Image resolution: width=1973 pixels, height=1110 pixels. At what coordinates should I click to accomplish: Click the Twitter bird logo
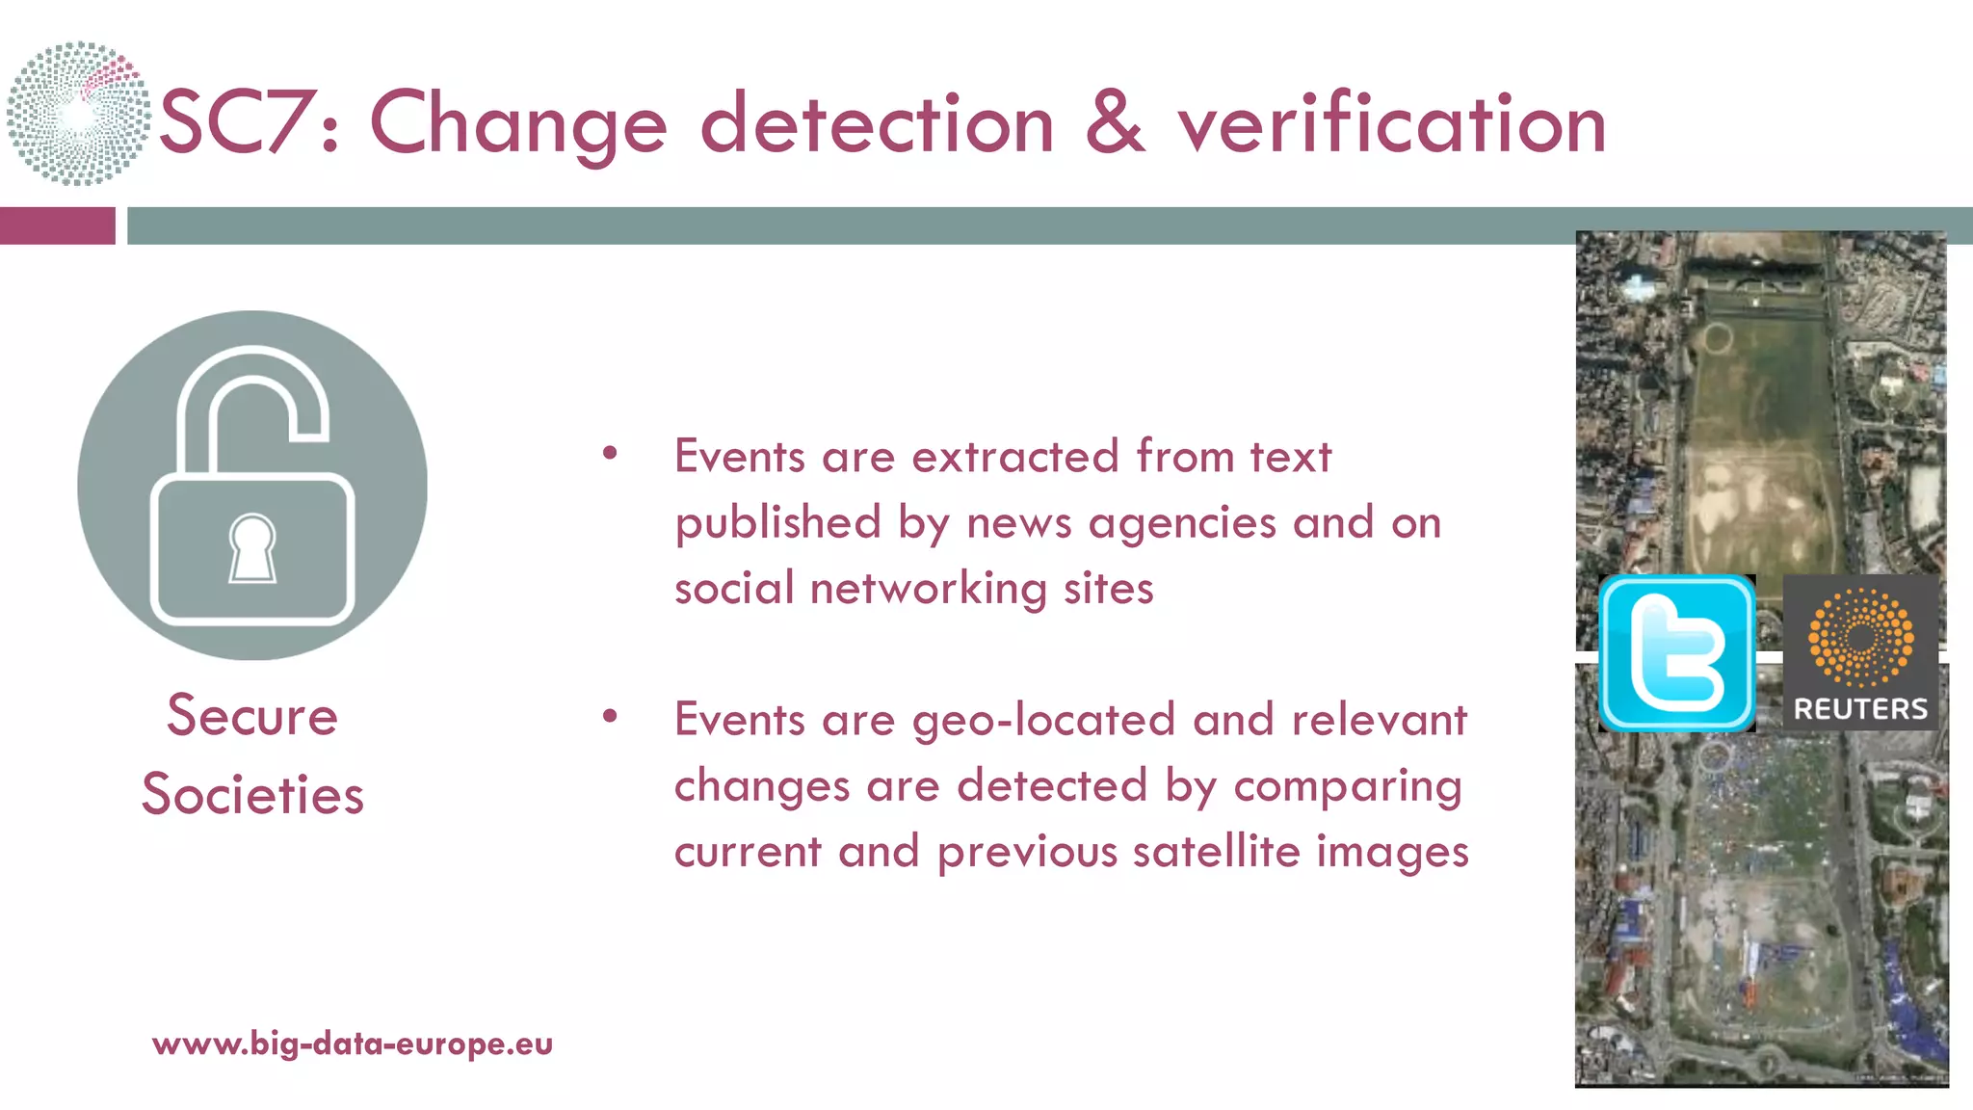1676,653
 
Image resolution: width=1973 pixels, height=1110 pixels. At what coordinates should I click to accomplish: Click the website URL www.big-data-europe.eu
353,1044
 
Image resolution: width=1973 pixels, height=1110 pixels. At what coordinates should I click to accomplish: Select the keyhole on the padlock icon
252,548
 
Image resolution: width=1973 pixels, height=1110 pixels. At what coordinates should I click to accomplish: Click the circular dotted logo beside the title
78,113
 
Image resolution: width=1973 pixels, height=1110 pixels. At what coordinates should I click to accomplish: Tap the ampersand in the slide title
1115,122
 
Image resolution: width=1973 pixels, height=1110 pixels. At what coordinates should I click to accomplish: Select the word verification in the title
1392,122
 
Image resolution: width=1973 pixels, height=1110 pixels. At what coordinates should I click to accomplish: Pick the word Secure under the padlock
252,715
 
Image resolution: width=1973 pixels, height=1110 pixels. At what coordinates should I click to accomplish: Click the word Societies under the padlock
252,794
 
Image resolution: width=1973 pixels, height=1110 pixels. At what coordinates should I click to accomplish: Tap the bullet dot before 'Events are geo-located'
609,716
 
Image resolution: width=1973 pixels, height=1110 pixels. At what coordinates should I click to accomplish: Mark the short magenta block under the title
57,225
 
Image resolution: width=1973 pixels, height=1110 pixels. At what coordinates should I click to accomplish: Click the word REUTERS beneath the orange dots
1860,709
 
